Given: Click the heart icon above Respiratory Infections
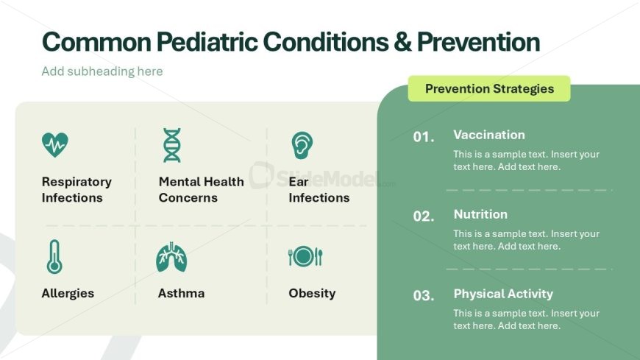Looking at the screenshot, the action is pos(55,144).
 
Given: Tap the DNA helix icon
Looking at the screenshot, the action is pos(172,145).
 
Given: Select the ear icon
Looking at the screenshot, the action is pos(302,145).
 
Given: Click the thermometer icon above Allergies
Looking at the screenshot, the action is pos(54,257).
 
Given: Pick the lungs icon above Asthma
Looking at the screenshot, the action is pos(171,257).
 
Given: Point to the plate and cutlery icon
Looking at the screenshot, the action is pos(305,257).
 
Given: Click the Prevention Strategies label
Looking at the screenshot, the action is pos(489,88).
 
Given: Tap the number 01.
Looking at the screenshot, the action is pos(424,137).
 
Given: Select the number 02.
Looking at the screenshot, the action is pos(424,216).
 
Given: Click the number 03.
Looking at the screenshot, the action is pos(424,295).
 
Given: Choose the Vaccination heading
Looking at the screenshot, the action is pos(489,135).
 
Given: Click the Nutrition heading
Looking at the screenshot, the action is pos(480,214).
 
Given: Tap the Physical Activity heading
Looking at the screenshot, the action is pos(503,294).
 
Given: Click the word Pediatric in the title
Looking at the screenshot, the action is pos(207,42).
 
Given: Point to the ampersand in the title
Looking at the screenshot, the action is pos(403,42).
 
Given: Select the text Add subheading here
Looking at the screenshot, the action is pos(102,71).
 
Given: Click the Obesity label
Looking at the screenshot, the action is pos(312,293).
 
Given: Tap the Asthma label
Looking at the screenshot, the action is pos(181,293).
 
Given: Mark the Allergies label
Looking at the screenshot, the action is pos(68,294).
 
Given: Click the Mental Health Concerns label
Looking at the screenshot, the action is pos(202,190).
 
